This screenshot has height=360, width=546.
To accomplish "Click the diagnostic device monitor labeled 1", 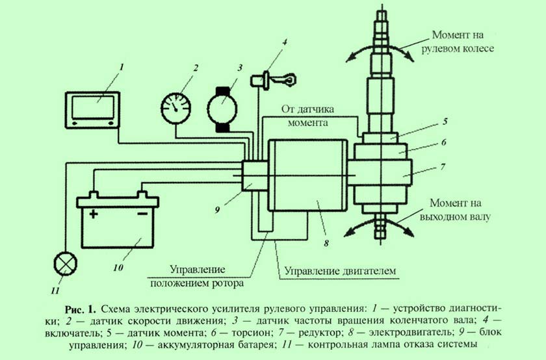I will coord(94,108).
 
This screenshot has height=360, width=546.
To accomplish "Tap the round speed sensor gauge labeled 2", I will coord(175,106).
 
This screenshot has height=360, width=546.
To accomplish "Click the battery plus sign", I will coord(94,214).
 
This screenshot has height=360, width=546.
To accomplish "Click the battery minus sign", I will coord(141,214).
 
